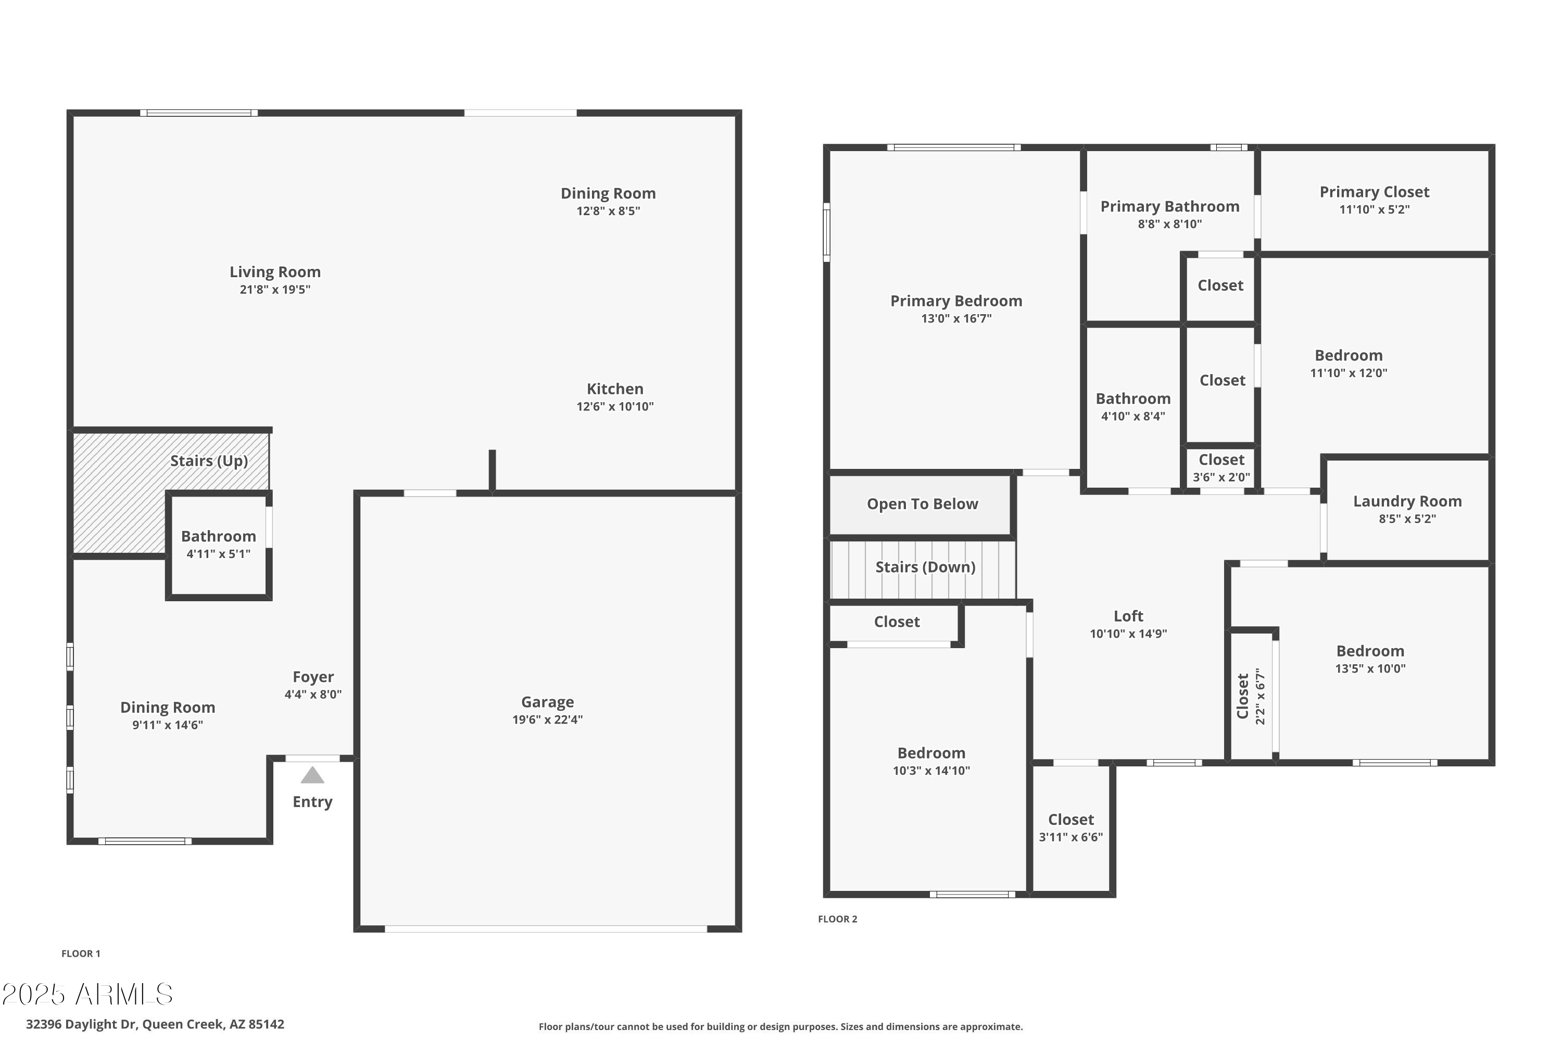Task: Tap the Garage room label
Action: coord(547,702)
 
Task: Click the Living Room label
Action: coord(275,272)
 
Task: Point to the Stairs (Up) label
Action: coord(209,461)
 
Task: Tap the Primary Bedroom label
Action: coord(955,301)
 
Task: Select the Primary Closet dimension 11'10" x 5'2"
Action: coord(1374,209)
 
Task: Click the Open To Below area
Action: coord(922,504)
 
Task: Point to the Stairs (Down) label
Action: coord(925,567)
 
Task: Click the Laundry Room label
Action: coord(1407,502)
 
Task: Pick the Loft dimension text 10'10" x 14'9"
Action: coord(1128,634)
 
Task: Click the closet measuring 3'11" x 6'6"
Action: coord(1070,828)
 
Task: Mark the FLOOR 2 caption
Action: coord(837,919)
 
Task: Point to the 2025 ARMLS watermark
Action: coord(87,995)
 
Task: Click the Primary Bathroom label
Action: coord(1169,207)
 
